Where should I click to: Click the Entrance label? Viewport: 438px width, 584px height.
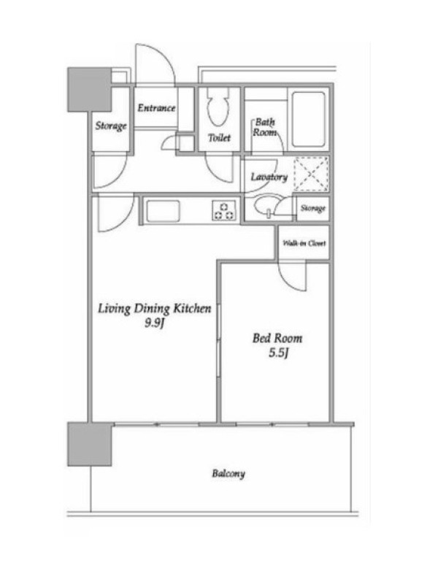click(x=156, y=108)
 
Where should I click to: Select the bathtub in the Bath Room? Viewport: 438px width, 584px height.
click(x=308, y=119)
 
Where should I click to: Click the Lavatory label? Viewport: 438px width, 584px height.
click(x=269, y=177)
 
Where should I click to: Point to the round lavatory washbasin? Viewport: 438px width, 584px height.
click(x=265, y=207)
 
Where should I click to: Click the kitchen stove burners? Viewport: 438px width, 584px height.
click(x=224, y=210)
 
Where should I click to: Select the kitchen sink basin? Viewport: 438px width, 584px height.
click(x=163, y=211)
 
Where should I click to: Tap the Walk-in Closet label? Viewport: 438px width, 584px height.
click(x=304, y=244)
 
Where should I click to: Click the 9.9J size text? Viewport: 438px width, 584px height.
click(x=155, y=323)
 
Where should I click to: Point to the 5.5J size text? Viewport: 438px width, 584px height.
click(x=279, y=353)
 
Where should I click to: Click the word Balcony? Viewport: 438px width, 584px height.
click(x=228, y=474)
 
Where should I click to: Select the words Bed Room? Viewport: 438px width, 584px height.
click(x=277, y=338)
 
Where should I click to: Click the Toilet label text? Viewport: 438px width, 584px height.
click(x=220, y=138)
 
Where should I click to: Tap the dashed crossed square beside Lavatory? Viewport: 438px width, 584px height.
click(x=312, y=174)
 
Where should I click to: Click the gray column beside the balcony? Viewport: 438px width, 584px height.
click(x=90, y=444)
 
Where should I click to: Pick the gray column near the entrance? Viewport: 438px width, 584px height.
click(x=89, y=89)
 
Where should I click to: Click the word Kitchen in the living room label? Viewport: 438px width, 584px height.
click(x=193, y=309)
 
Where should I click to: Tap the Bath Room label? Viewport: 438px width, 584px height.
click(x=265, y=127)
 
